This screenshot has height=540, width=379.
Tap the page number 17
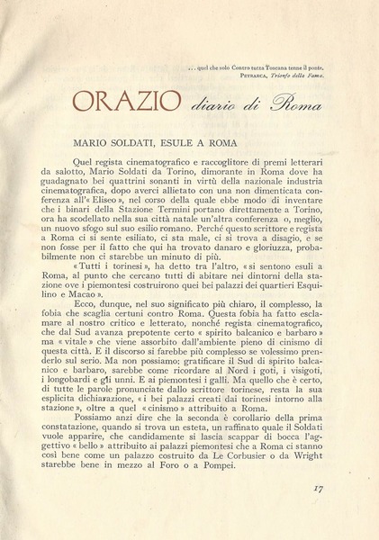pyautogui.click(x=342, y=515)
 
